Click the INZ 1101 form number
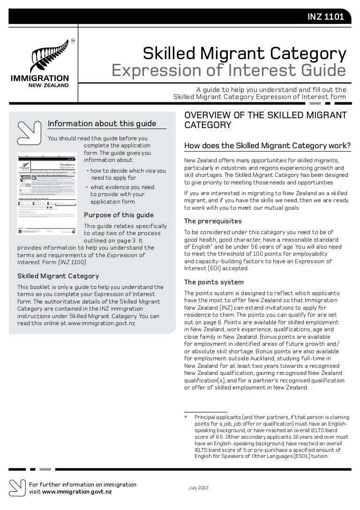(x=326, y=17)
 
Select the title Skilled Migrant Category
(x=244, y=54)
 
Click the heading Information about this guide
(x=102, y=124)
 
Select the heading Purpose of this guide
(x=118, y=215)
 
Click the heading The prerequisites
(x=213, y=221)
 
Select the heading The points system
(x=214, y=282)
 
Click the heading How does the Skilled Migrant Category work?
(x=268, y=145)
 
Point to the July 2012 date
(x=199, y=488)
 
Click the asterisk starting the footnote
(x=186, y=417)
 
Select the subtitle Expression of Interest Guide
(x=228, y=71)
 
